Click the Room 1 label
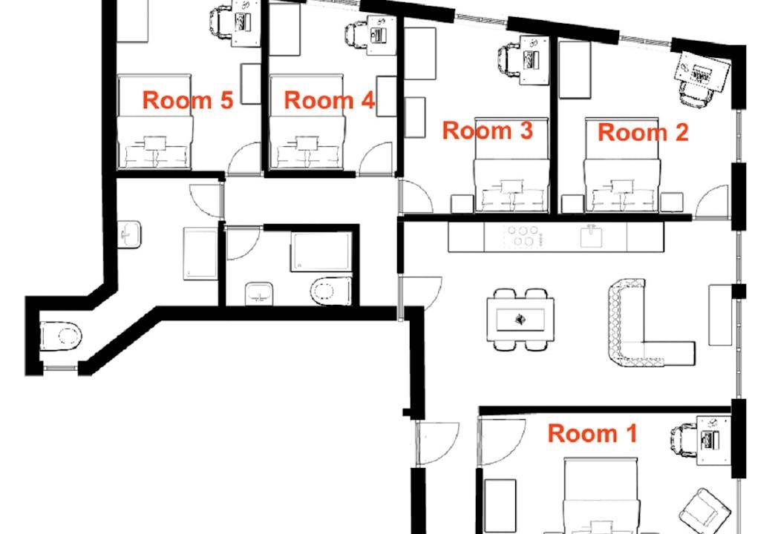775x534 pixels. click(592, 433)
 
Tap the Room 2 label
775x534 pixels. click(643, 133)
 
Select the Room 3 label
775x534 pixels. click(487, 131)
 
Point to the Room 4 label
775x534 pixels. click(329, 100)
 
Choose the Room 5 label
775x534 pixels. click(187, 100)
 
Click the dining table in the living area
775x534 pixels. click(520, 320)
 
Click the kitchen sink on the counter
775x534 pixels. click(591, 236)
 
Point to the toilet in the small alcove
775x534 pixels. click(62, 337)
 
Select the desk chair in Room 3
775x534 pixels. click(509, 61)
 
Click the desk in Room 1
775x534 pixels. click(713, 440)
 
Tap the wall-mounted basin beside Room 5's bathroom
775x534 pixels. click(129, 234)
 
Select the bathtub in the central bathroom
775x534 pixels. click(321, 251)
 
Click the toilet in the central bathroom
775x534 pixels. click(330, 291)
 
